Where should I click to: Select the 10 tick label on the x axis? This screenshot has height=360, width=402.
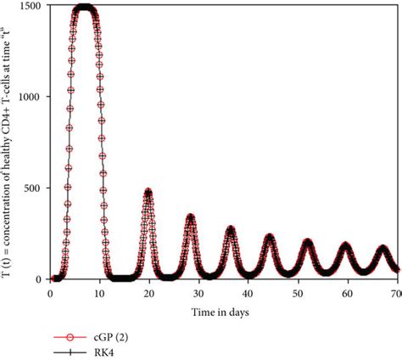[x=100, y=292]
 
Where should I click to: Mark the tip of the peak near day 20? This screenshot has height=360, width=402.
[x=148, y=192]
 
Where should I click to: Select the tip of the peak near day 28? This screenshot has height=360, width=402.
[x=190, y=217]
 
